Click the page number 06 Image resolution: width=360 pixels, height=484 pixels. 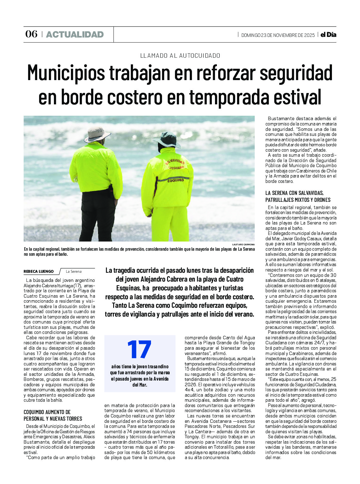tap(31, 34)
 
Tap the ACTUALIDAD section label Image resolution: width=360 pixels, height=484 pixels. tap(75, 34)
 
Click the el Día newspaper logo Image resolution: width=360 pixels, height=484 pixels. tap(328, 35)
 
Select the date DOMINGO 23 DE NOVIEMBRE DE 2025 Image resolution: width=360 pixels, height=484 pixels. tap(278, 35)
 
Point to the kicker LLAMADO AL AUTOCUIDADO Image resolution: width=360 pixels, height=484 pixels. tap(180, 55)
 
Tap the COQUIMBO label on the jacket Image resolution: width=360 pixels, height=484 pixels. tap(176, 180)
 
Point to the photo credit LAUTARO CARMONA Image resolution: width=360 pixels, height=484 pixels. tap(243, 244)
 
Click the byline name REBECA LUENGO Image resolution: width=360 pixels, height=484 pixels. tap(38, 271)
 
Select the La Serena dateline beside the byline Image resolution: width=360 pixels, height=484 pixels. tap(74, 271)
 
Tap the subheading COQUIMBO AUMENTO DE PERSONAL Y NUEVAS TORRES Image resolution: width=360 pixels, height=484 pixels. tap(53, 415)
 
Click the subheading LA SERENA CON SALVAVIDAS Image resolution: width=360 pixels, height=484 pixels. tap(294, 193)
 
